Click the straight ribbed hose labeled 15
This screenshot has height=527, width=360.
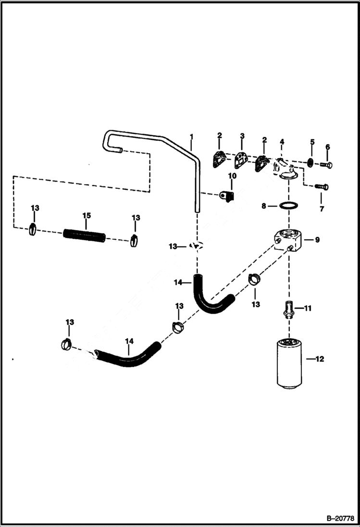84,235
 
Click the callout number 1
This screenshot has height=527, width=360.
191,137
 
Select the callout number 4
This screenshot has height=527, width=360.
282,142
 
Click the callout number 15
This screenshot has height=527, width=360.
86,216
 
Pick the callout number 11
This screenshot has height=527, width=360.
308,308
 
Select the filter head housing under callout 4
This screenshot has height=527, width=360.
285,171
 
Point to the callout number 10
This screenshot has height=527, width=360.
232,176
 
